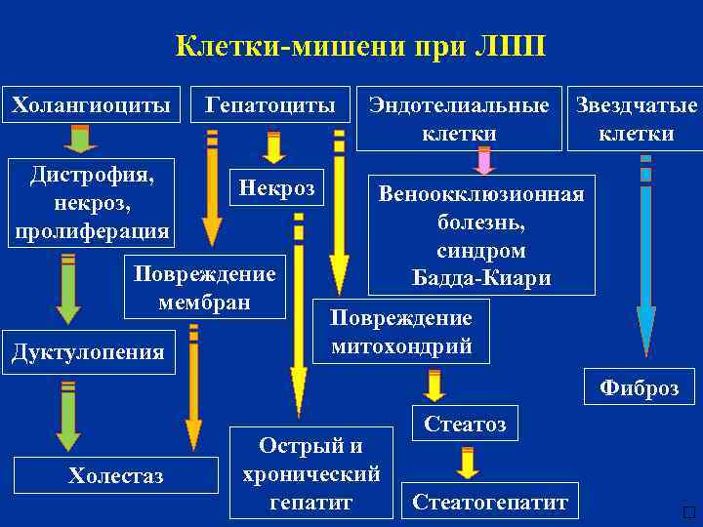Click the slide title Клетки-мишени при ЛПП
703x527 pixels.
click(x=360, y=46)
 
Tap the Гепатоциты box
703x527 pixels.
click(x=270, y=104)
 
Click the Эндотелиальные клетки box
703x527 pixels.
click(x=459, y=119)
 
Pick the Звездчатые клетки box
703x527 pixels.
click(x=637, y=119)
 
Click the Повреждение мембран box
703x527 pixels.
click(x=204, y=287)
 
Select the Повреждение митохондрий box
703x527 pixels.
click(x=401, y=331)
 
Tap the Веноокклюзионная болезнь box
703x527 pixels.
click(x=481, y=235)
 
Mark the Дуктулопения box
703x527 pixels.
click(x=88, y=351)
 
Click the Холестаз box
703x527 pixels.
click(x=116, y=475)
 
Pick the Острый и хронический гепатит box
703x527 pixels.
click(x=310, y=473)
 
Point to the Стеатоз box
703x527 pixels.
click(x=465, y=424)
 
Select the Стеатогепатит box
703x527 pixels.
click(x=490, y=503)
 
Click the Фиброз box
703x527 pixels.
click(x=639, y=386)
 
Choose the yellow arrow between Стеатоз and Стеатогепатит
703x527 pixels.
click(x=468, y=463)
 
